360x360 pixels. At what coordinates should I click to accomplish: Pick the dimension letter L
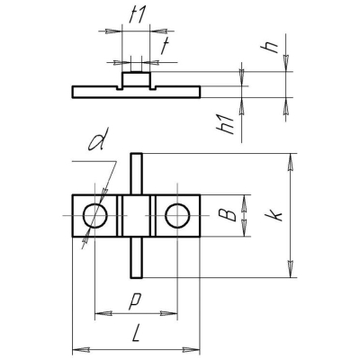tap(135, 334)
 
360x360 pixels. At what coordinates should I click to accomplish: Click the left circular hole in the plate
tap(94, 216)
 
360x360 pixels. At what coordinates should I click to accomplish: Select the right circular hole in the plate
tap(177, 216)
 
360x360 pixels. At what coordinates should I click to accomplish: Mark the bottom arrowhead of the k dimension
tap(290, 273)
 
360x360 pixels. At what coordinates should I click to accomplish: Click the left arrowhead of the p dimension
tap(100, 313)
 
